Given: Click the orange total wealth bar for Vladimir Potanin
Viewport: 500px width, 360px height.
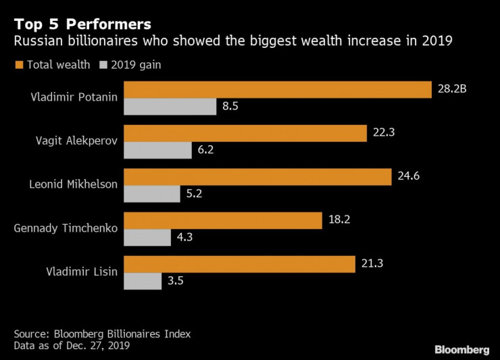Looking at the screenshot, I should click(x=277, y=89).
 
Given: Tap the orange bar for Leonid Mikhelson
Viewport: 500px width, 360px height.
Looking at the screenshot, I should click(x=257, y=177).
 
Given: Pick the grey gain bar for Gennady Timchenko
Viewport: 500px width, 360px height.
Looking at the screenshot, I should click(x=147, y=237).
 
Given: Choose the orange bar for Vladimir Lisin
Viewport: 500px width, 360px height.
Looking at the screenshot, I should click(x=239, y=264).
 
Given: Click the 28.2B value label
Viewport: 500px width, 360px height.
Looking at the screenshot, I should click(x=452, y=89).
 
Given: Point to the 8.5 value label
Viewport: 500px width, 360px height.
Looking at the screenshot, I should click(x=230, y=106).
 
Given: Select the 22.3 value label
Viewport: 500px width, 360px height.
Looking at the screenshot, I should click(x=384, y=133).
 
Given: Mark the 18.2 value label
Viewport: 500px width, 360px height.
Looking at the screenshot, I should click(x=340, y=221).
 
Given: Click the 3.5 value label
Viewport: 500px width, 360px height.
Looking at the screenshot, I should click(x=175, y=281).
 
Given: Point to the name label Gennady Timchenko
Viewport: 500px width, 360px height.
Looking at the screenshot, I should click(x=66, y=228).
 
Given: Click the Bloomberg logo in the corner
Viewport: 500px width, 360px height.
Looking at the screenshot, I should click(x=461, y=349).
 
